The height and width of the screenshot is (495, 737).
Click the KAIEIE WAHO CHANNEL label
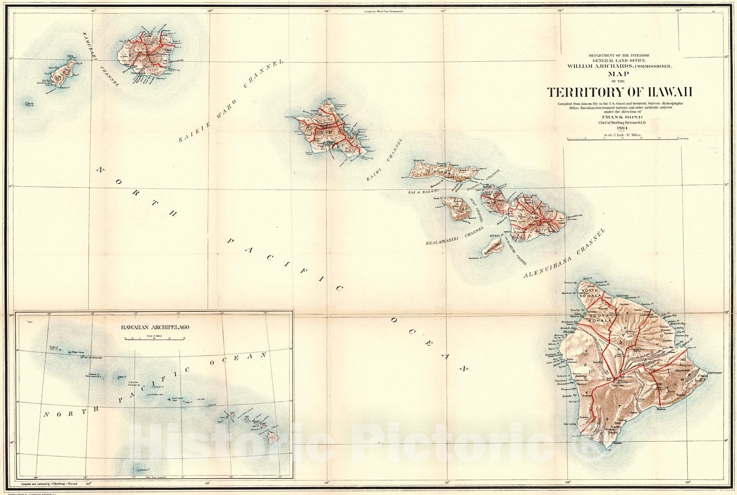230,100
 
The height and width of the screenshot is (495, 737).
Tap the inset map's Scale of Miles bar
154,338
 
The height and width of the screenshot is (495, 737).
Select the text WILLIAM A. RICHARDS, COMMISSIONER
620,66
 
